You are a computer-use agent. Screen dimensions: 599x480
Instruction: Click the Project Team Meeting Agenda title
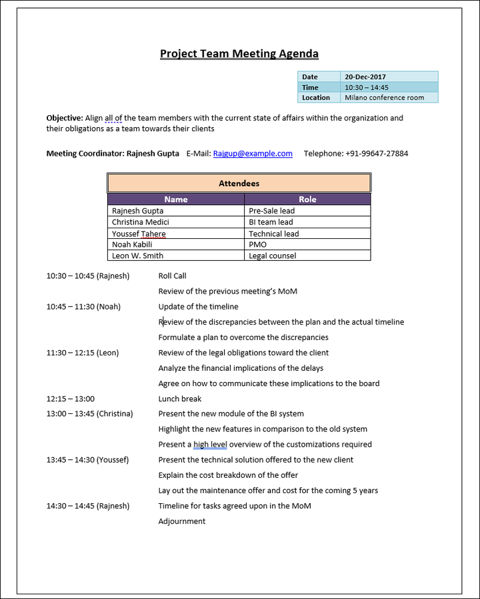click(239, 54)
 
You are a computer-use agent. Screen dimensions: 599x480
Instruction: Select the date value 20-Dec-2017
click(365, 77)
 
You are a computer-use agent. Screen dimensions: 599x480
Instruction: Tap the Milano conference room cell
click(384, 98)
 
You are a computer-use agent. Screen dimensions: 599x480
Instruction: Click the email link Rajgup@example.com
click(253, 154)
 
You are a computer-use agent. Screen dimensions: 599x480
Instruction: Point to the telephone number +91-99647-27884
click(377, 154)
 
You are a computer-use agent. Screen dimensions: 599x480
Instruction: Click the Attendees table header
click(239, 183)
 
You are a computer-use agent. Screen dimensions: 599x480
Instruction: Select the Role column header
click(307, 199)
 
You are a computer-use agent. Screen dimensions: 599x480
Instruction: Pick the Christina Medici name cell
click(141, 222)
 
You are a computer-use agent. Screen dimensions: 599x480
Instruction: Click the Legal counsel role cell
click(273, 256)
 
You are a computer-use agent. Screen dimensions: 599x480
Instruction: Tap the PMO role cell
click(257, 244)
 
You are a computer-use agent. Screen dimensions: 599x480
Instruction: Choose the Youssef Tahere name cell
click(139, 234)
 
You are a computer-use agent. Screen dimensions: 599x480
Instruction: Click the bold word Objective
click(65, 118)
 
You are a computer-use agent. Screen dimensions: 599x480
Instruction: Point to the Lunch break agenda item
click(180, 399)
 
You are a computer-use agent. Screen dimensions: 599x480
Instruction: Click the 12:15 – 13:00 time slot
click(71, 399)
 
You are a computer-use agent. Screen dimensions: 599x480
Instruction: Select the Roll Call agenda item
click(173, 276)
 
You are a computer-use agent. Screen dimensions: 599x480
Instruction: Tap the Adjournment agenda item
click(182, 521)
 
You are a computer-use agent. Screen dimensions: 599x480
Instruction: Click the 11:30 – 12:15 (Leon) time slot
click(83, 353)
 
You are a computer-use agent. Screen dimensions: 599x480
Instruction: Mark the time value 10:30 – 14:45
click(367, 87)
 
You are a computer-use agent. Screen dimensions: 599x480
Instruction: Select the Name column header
click(176, 199)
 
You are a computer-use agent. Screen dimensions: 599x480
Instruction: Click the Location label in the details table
click(316, 98)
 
